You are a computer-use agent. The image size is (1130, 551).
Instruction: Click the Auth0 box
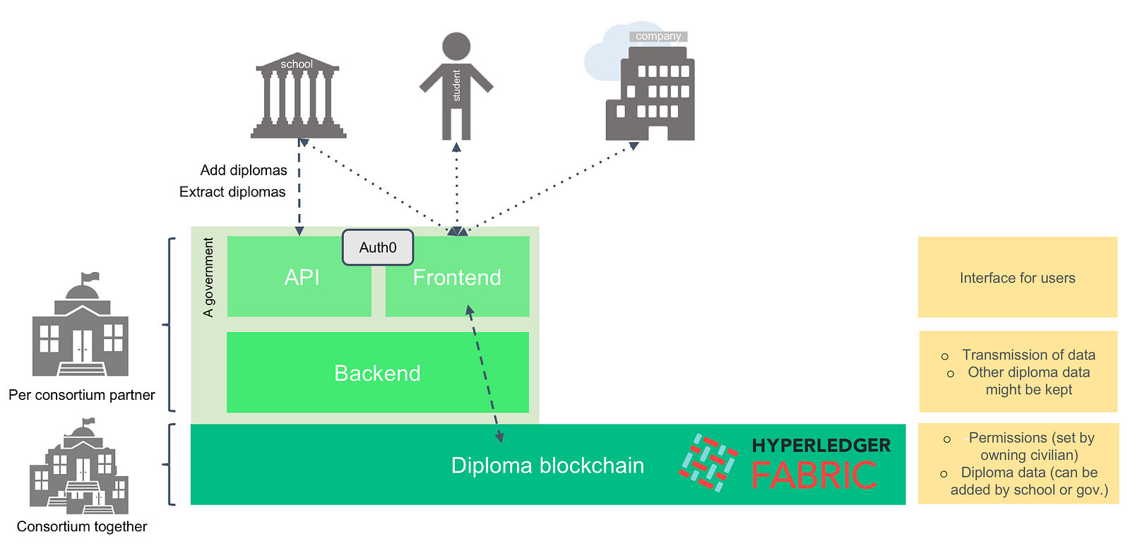coord(378,247)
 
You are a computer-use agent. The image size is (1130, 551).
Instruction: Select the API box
coord(302,278)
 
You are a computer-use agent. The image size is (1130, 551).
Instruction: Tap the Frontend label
coord(457,278)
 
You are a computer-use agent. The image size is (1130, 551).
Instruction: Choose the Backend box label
coord(377,373)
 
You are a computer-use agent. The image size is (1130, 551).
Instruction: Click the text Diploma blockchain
coord(547,466)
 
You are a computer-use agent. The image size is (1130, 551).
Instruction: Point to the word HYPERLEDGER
coord(821,445)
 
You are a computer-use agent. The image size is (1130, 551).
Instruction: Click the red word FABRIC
coord(814,475)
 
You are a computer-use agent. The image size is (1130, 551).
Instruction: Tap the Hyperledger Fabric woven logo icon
coord(708,463)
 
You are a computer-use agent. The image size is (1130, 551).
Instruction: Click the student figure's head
coord(456,46)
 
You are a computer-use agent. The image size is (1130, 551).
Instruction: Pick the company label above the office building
coord(658,36)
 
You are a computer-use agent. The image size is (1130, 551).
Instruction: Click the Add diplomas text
coord(244,170)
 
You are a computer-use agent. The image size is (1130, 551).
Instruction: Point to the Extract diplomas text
coord(232,192)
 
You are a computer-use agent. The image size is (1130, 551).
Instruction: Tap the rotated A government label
coord(208,277)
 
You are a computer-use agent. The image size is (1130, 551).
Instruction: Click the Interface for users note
coord(1017,278)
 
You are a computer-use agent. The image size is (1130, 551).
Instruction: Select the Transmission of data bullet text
coord(1028,355)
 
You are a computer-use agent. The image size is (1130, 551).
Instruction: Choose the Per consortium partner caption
coord(82,395)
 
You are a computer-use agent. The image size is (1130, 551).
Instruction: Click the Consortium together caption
coord(82,526)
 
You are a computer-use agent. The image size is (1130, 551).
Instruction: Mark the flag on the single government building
coord(90,277)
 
